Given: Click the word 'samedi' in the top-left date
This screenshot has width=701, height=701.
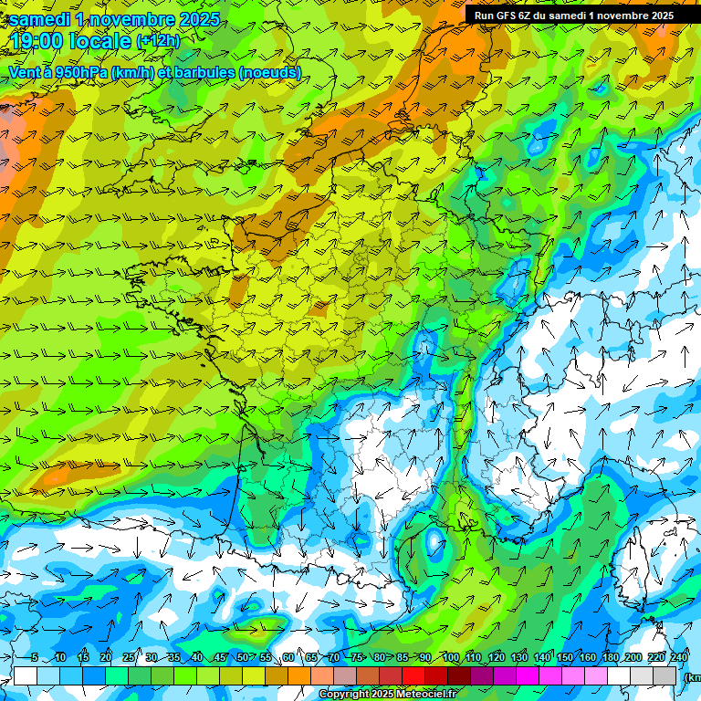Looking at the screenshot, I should tap(39, 19).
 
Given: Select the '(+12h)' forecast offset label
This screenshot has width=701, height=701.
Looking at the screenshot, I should tap(158, 41).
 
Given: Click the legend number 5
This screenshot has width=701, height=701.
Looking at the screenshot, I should tap(34, 658).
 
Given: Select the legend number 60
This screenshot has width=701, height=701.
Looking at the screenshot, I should tap(288, 658).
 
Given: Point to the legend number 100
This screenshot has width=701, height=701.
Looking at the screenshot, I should tap(450, 658).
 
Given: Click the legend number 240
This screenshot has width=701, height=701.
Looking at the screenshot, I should tap(678, 658).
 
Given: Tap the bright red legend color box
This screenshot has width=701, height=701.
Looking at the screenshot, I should tap(414, 675).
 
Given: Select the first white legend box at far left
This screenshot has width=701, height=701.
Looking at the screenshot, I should tap(26, 675).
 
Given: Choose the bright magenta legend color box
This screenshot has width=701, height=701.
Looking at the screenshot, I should tap(528, 675).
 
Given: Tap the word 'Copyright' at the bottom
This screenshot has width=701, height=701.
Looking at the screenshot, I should tap(343, 695).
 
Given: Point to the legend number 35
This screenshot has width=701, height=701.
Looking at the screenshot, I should tap(173, 658).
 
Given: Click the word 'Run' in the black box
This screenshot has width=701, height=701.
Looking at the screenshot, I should tap(484, 16).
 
